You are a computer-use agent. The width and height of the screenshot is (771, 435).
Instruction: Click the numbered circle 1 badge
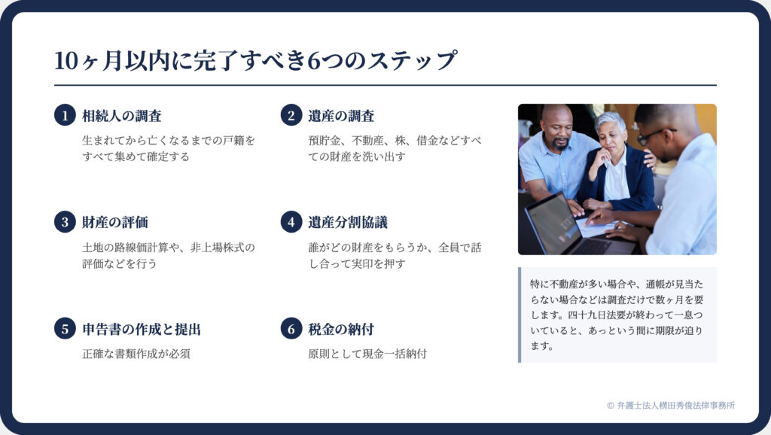[65, 115]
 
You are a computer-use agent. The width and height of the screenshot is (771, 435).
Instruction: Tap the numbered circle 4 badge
[291, 222]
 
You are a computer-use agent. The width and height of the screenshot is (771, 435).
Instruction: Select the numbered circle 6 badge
[291, 329]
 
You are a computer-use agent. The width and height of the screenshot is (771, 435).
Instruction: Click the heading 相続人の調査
[122, 116]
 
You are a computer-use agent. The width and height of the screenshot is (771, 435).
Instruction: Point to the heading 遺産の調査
[341, 116]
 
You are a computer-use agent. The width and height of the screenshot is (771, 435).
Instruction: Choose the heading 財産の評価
[115, 222]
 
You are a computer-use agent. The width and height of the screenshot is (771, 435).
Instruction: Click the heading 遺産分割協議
[348, 222]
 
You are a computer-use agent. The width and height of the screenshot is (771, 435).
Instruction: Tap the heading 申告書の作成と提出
[142, 329]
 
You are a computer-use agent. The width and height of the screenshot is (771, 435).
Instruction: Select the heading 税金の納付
[341, 329]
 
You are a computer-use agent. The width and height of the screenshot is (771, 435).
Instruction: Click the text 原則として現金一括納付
[367, 354]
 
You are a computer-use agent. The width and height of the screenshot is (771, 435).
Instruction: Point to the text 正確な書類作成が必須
[136, 354]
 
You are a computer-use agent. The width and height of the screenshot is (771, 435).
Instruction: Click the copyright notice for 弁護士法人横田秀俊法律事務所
[671, 406]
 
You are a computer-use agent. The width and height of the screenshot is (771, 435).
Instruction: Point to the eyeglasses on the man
[655, 135]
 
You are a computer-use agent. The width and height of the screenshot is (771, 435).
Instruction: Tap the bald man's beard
[560, 144]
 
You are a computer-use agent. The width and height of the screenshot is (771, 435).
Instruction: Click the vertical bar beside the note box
[520, 315]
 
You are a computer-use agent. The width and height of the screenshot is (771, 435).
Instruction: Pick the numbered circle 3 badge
[65, 222]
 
